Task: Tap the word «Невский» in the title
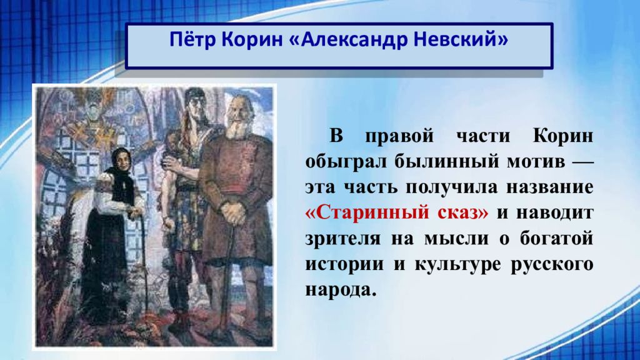(462, 39)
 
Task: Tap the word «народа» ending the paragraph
(340, 290)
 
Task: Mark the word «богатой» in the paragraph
(557, 239)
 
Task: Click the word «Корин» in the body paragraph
(563, 136)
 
